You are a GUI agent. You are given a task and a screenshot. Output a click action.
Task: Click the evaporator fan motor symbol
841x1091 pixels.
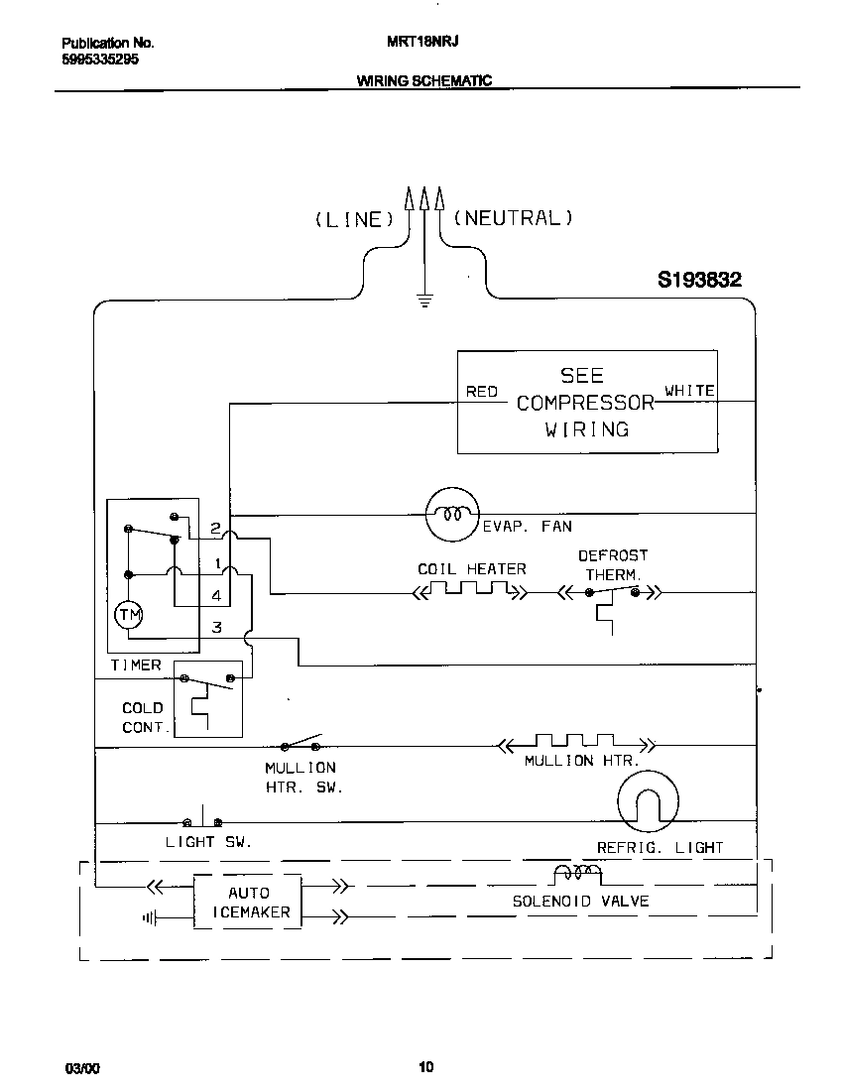pyautogui.click(x=452, y=514)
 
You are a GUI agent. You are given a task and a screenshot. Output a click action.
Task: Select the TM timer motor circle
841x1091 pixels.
pyautogui.click(x=129, y=616)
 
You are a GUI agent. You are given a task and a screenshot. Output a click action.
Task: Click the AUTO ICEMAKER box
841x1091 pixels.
pyautogui.click(x=247, y=902)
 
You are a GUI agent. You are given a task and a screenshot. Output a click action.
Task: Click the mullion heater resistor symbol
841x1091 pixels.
pyautogui.click(x=575, y=743)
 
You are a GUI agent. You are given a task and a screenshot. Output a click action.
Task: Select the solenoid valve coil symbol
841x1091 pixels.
pyautogui.click(x=577, y=873)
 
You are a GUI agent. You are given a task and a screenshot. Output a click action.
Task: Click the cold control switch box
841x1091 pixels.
pyautogui.click(x=207, y=698)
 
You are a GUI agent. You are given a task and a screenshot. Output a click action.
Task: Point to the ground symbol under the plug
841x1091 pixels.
pyautogui.click(x=424, y=301)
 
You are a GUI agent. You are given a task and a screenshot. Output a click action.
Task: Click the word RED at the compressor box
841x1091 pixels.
pyautogui.click(x=482, y=392)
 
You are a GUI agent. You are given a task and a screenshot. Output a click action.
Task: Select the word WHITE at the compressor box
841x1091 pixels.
pyautogui.click(x=689, y=391)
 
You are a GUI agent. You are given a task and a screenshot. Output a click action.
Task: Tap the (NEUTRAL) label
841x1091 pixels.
pyautogui.click(x=513, y=217)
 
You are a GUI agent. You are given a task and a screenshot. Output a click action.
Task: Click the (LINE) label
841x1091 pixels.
pyautogui.click(x=353, y=219)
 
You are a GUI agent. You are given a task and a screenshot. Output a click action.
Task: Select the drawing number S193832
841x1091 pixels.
pyautogui.click(x=699, y=281)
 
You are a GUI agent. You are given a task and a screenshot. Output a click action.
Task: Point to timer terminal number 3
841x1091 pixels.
pyautogui.click(x=216, y=628)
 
